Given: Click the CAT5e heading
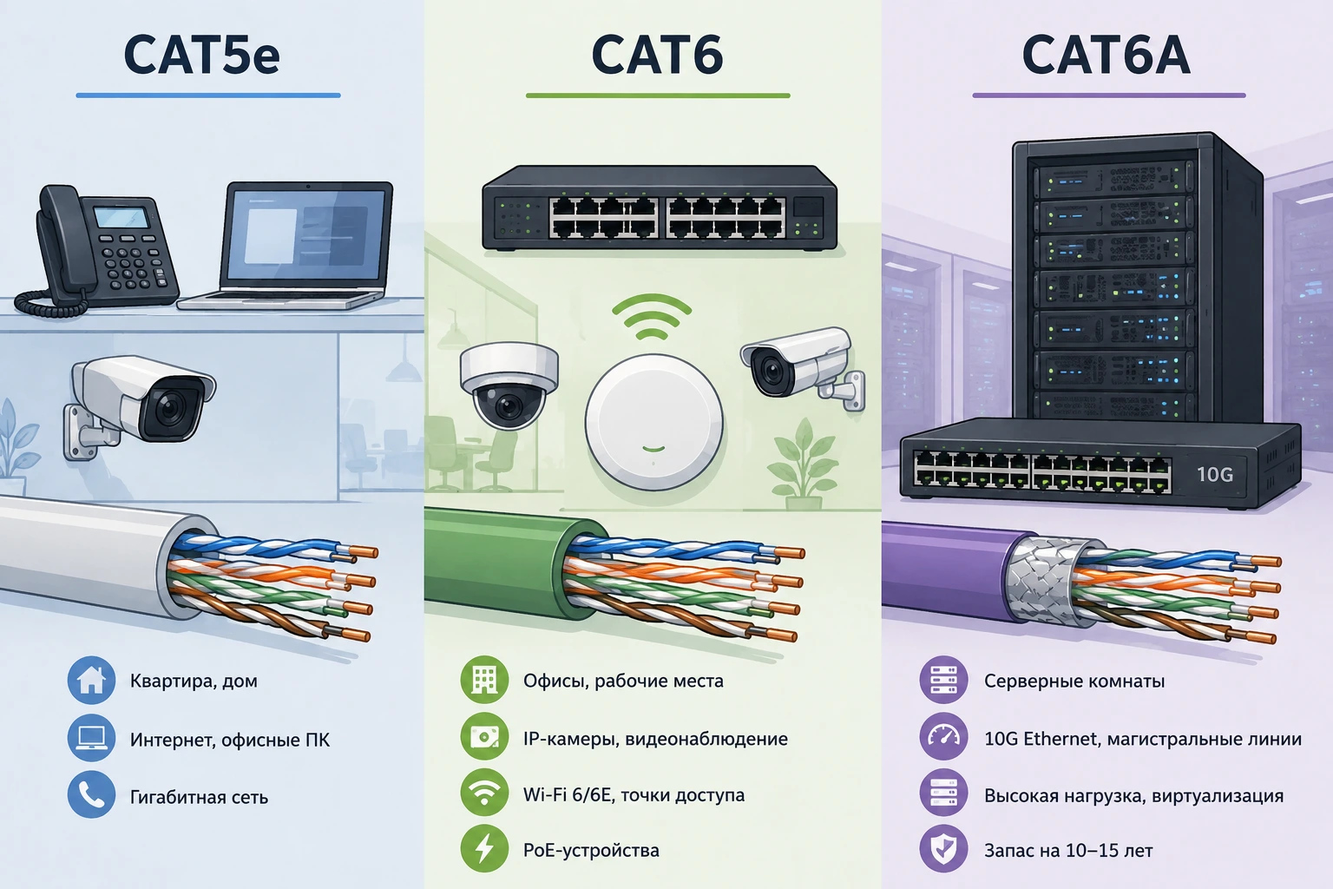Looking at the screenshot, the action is [201, 54].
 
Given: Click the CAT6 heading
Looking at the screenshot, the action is [657, 54].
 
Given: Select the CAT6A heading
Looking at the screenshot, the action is [1106, 54].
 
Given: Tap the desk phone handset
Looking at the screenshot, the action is [58, 238].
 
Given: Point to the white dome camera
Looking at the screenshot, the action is [509, 384].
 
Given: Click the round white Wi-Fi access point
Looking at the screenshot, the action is [654, 422].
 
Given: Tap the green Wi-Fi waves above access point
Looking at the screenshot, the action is [653, 316].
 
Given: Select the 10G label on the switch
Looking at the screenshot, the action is [1215, 474].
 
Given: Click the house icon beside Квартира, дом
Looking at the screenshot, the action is [91, 680].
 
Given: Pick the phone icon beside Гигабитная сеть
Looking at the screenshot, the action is [91, 794].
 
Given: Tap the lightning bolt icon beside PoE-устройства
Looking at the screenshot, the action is [484, 848].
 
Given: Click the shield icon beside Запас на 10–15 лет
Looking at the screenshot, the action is [944, 848].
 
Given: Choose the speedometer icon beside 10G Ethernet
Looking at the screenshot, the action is [944, 736].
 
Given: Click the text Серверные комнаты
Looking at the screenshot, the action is [1074, 681].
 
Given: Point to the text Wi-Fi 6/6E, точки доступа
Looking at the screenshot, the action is [634, 795].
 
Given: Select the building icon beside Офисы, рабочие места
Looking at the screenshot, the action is [484, 680].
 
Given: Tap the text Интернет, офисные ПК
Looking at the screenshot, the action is [230, 740].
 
